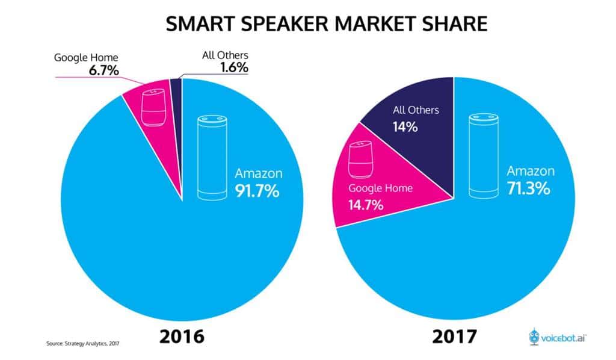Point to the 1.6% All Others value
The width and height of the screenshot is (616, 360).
click(232, 67)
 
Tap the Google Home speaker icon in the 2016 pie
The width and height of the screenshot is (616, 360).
click(152, 108)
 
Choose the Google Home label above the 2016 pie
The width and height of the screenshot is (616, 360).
click(87, 58)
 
